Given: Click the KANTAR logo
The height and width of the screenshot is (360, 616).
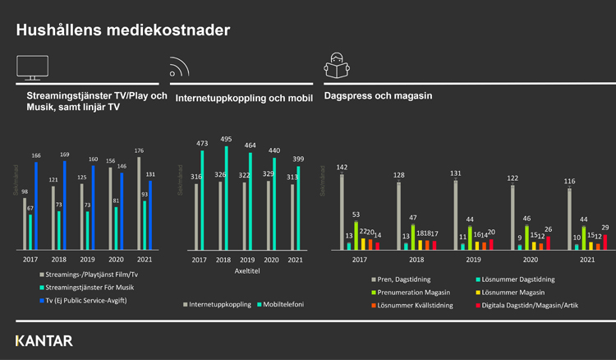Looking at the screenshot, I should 44,340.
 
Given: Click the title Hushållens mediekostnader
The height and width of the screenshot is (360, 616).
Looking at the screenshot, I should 123,30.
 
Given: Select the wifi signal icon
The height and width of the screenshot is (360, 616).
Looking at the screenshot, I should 180,68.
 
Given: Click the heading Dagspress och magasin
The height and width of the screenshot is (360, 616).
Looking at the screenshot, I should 378,96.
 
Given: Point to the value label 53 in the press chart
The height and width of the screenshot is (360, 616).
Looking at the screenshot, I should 356,214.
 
